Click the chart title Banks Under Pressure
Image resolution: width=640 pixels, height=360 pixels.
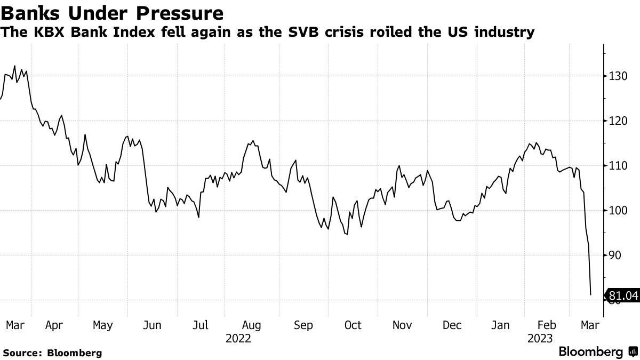[112, 12]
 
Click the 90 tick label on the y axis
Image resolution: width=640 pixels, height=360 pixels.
[614, 255]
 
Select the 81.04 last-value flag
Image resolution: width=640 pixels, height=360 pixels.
[622, 295]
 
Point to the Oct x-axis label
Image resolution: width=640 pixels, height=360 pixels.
[352, 325]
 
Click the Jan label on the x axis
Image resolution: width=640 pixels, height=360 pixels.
[500, 325]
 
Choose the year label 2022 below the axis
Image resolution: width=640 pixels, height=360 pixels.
[238, 338]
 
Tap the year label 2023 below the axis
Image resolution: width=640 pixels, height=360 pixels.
[540, 338]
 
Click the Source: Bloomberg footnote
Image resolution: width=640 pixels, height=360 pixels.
[52, 353]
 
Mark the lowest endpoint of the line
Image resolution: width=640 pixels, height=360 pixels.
[590, 294]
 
